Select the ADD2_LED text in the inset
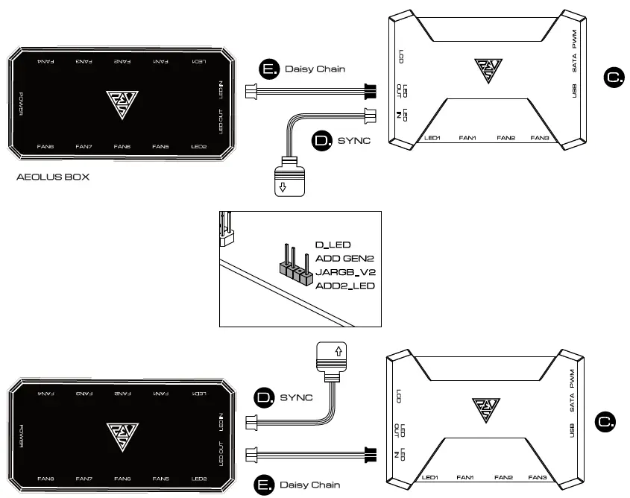tap(345, 286)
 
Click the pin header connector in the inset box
tap(294, 267)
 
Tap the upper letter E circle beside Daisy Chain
tap(268, 69)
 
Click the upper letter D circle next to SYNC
tap(321, 140)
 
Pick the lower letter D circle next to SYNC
tap(265, 397)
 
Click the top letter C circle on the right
tap(614, 76)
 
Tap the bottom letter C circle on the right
tap(605, 422)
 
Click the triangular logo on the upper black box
tap(119, 103)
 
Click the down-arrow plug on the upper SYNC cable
tap(288, 179)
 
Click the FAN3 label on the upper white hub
tap(540, 139)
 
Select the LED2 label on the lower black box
tap(199, 478)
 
